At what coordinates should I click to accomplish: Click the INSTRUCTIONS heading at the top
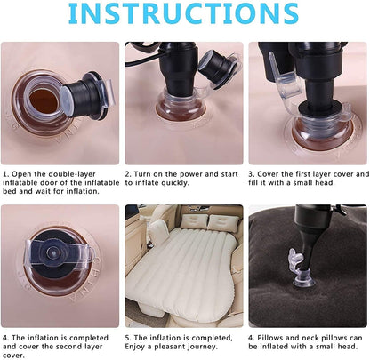185,15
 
